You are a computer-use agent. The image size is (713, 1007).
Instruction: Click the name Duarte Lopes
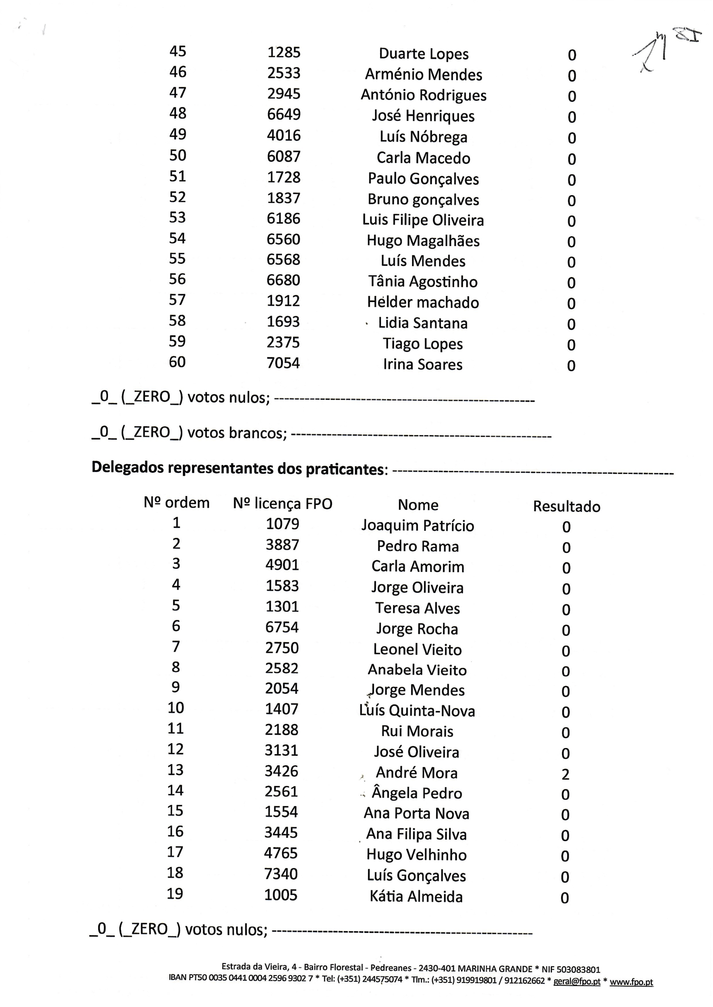tap(423, 54)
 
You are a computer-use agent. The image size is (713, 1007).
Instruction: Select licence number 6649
tap(284, 115)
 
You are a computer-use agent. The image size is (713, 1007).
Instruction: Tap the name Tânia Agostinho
tap(422, 282)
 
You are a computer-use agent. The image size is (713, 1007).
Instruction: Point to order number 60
tap(177, 362)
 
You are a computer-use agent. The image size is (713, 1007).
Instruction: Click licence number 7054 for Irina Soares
tap(283, 363)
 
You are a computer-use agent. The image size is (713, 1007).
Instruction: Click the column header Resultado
tap(566, 507)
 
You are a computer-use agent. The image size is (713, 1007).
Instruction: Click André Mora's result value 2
tap(565, 774)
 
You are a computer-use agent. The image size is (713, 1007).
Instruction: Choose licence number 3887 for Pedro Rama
tap(282, 545)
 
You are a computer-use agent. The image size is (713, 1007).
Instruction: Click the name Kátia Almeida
tap(416, 897)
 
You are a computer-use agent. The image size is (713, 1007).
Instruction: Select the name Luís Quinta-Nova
tap(417, 711)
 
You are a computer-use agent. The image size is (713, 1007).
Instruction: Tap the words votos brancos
tap(237, 433)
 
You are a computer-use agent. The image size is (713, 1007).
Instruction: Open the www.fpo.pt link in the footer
tap(631, 982)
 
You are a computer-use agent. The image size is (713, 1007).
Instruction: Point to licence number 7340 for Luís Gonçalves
tap(281, 874)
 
